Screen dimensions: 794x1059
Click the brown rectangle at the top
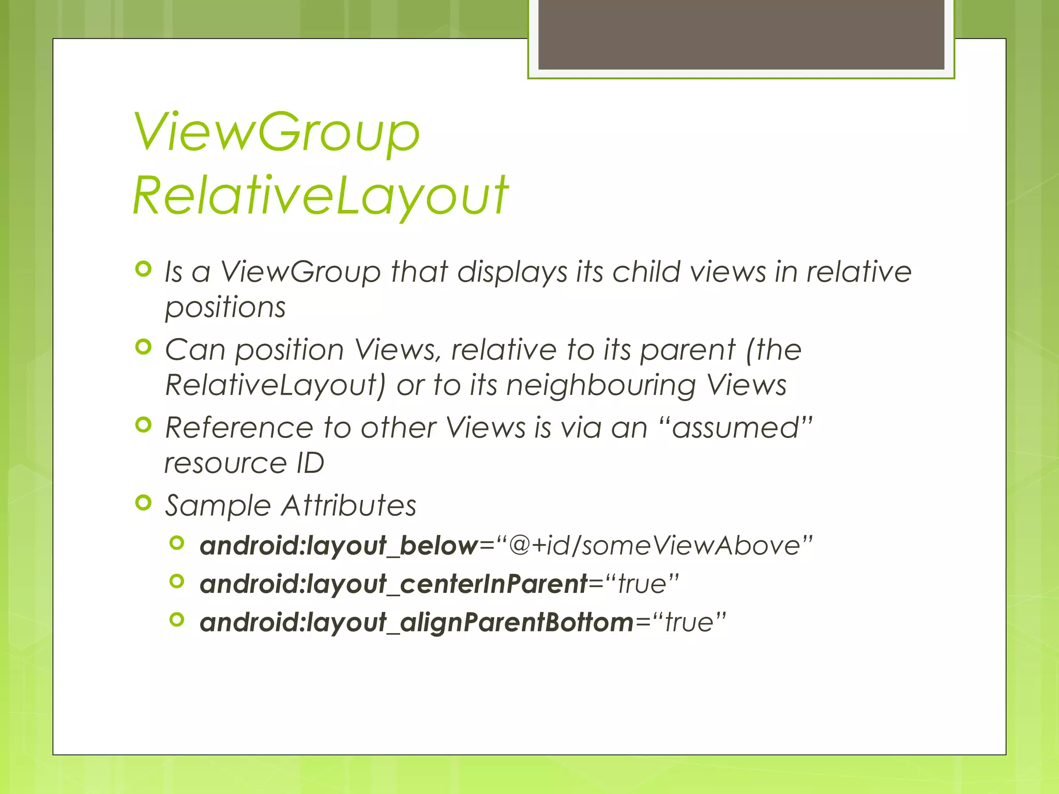coord(741,34)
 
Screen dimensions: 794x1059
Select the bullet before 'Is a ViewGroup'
coord(143,269)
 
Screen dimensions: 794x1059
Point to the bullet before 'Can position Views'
coord(143,347)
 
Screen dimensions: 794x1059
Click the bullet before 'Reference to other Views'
coord(143,425)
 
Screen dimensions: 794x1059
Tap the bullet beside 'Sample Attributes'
coord(143,502)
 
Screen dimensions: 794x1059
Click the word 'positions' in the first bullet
coord(225,308)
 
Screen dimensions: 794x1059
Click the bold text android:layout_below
coord(339,546)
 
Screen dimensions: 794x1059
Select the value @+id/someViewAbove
coord(654,545)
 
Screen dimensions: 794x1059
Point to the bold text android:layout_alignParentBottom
coord(417,622)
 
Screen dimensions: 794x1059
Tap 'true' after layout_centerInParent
coord(642,584)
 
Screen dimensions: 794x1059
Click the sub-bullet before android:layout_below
coord(177,543)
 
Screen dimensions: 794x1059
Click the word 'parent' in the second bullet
coord(687,350)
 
